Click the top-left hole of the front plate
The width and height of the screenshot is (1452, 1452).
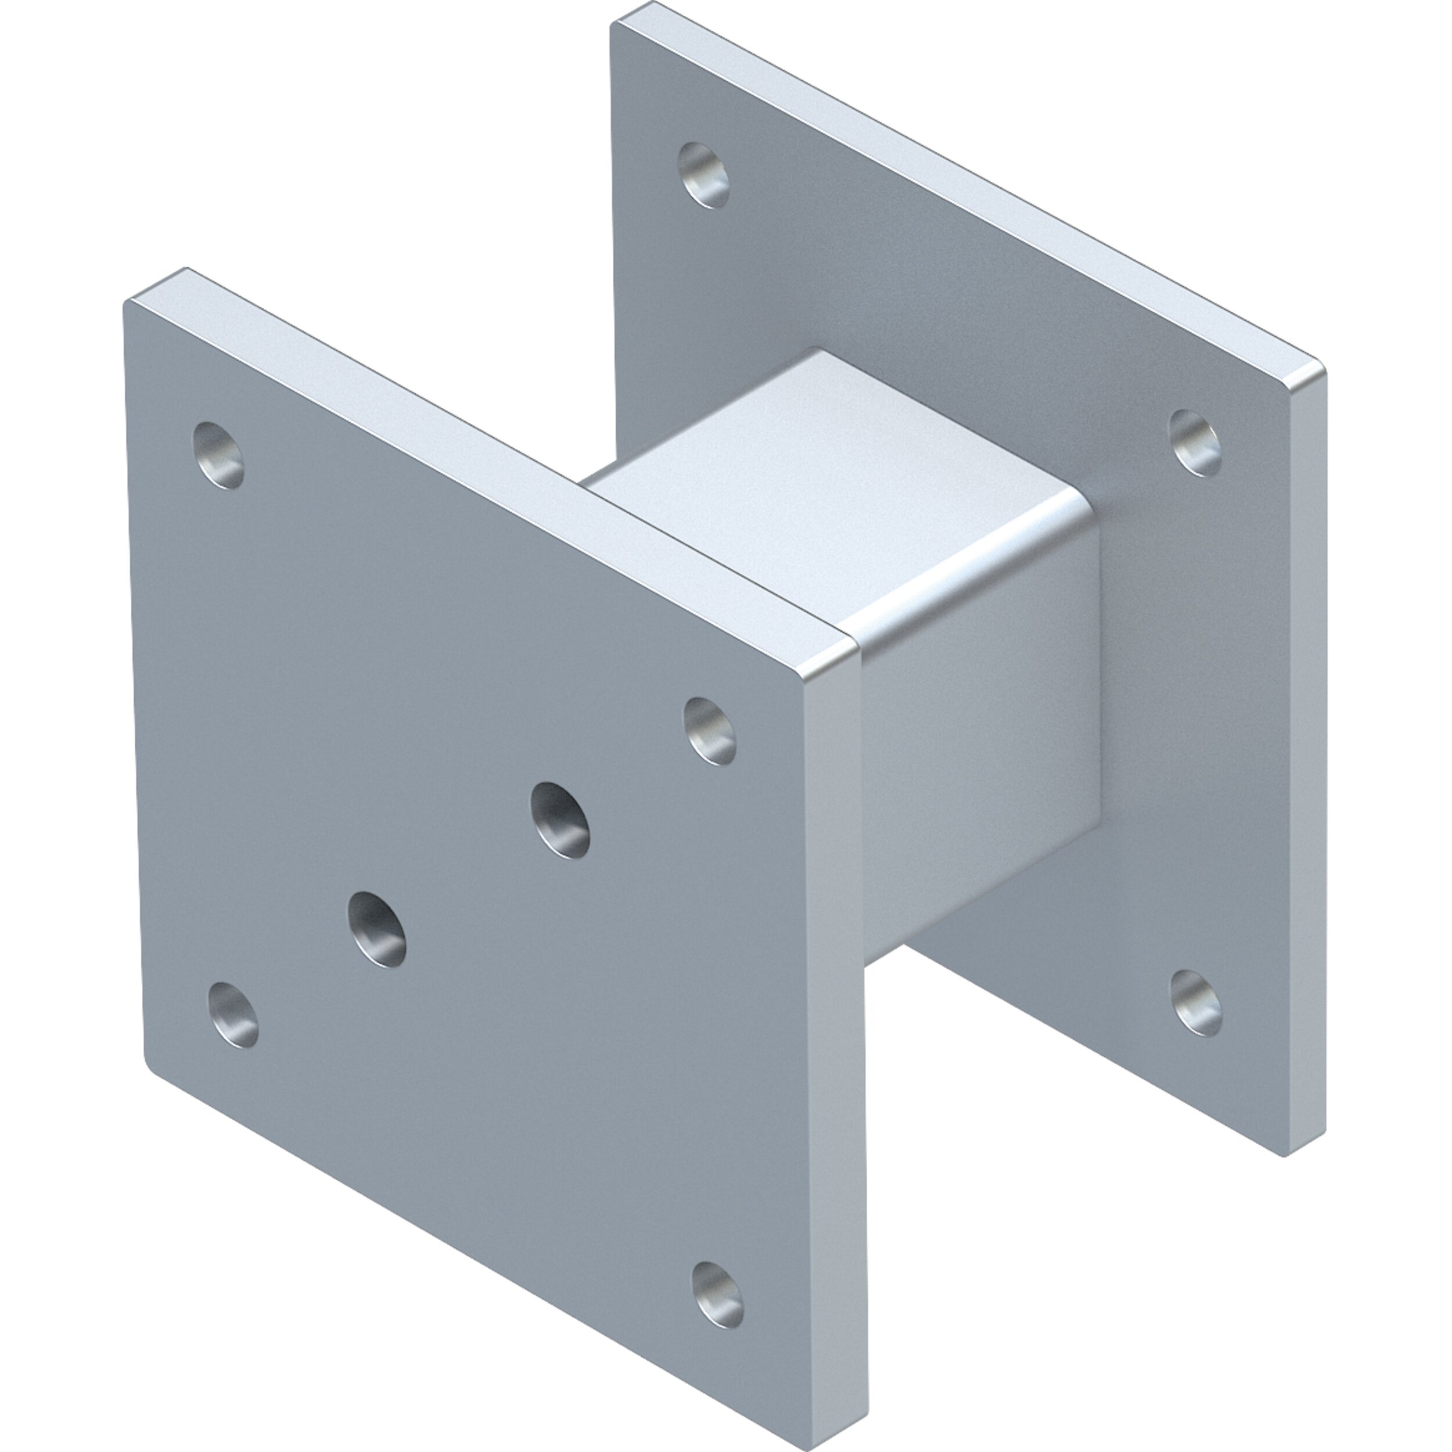tap(219, 455)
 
